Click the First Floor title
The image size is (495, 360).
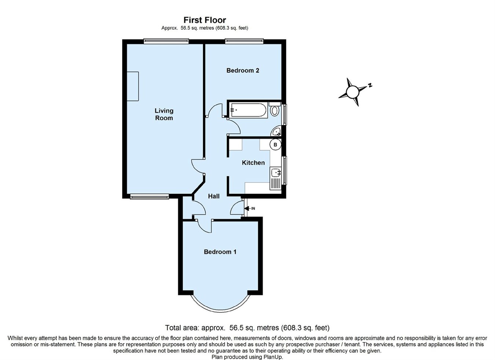click(205, 20)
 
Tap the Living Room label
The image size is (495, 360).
click(164, 114)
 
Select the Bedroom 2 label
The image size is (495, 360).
click(243, 70)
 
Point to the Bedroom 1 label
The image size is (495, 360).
click(220, 252)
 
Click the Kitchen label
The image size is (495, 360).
click(253, 163)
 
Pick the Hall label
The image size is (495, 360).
click(214, 196)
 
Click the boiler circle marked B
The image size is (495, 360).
click(275, 145)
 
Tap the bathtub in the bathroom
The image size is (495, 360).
click(248, 110)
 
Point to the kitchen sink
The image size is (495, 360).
click(275, 173)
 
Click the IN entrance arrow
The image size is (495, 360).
click(249, 208)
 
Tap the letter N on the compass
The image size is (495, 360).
click(370, 85)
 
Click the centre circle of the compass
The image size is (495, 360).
click(352, 92)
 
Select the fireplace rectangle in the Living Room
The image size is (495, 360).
click(133, 87)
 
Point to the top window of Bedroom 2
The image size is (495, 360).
click(244, 41)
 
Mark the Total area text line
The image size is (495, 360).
click(247, 327)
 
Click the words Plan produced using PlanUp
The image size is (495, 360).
click(247, 357)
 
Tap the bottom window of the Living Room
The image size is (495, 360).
click(150, 196)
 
